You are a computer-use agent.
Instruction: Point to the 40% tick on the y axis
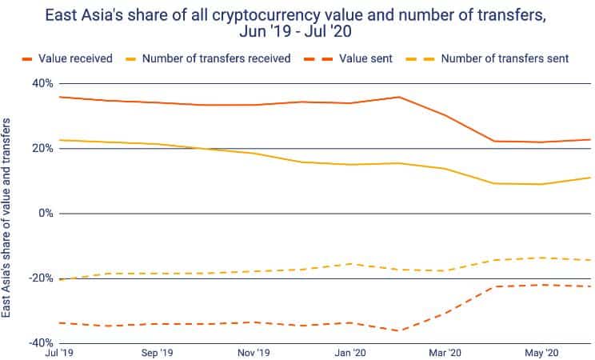[42, 83]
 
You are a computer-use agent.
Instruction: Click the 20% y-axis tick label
[42, 148]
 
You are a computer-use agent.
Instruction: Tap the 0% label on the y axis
[46, 214]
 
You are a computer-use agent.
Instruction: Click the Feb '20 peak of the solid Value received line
[398, 97]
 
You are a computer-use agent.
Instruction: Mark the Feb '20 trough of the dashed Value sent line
[398, 330]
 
